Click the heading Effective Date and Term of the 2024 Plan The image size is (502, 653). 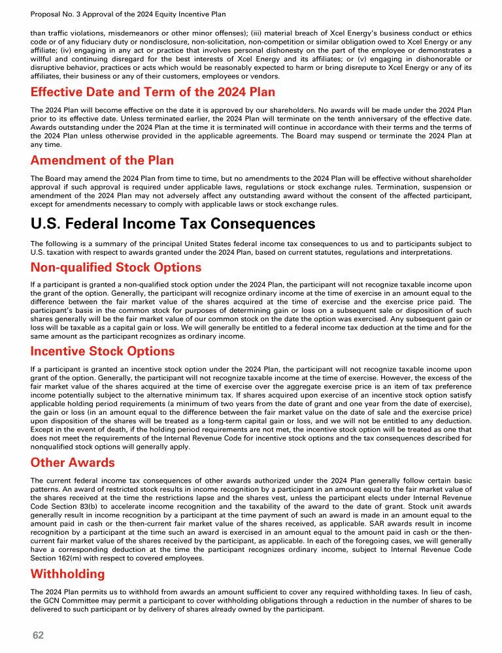(153, 92)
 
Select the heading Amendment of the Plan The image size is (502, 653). (102, 161)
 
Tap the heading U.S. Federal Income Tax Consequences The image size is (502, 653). (173, 224)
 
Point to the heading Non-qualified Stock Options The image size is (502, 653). (116, 267)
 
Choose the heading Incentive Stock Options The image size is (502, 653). (103, 351)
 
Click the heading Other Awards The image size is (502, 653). (73, 463)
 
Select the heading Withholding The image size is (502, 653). (67, 574)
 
